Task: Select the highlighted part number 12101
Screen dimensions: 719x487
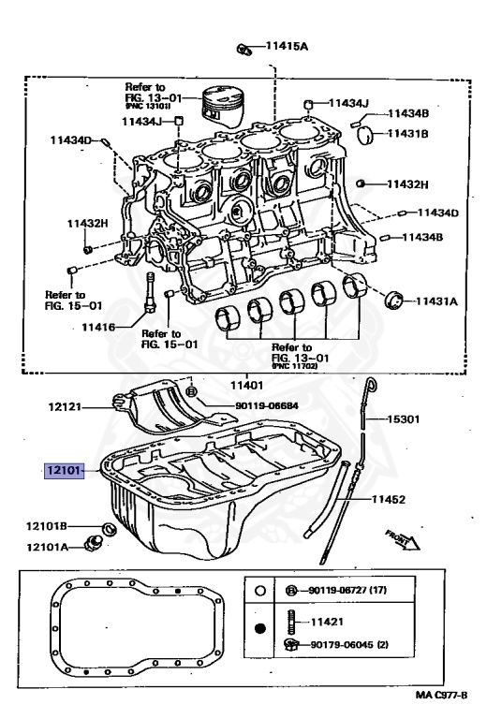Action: (63, 470)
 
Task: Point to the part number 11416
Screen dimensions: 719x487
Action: (96, 328)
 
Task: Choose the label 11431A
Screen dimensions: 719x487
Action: (435, 301)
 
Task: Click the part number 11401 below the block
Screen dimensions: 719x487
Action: (248, 385)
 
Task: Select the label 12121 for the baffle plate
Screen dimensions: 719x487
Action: (68, 407)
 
